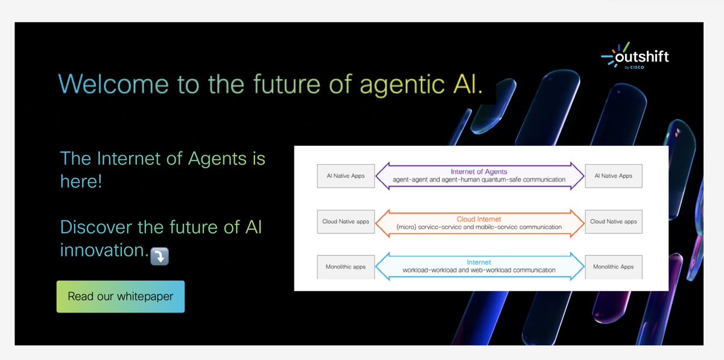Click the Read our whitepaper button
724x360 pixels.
pyautogui.click(x=120, y=297)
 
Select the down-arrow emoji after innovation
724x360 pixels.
pyautogui.click(x=159, y=256)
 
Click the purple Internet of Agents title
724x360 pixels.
pyautogui.click(x=479, y=171)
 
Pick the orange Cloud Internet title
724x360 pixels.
pyautogui.click(x=479, y=219)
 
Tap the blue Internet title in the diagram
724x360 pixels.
pyautogui.click(x=479, y=262)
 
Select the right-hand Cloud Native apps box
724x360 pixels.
pyautogui.click(x=614, y=221)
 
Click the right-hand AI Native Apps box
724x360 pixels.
pyautogui.click(x=614, y=175)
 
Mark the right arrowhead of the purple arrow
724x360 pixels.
pyautogui.click(x=578, y=175)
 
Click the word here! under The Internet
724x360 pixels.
pyautogui.click(x=81, y=181)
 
